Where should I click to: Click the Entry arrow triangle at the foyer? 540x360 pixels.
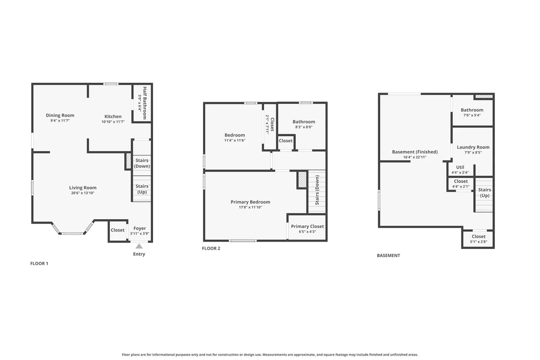pyautogui.click(x=139, y=246)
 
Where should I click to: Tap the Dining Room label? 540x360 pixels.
pyautogui.click(x=60, y=115)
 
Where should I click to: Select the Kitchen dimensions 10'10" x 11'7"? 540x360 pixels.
pyautogui.click(x=113, y=122)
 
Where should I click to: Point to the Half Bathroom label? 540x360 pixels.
pyautogui.click(x=145, y=103)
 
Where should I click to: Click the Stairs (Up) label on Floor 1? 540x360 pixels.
pyautogui.click(x=142, y=189)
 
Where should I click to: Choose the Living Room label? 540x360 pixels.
pyautogui.click(x=83, y=188)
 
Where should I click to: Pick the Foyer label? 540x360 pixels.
pyautogui.click(x=139, y=228)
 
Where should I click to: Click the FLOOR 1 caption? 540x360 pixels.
pyautogui.click(x=39, y=263)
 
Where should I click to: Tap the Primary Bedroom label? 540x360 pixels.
pyautogui.click(x=251, y=202)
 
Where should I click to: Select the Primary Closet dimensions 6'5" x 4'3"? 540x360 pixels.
pyautogui.click(x=307, y=231)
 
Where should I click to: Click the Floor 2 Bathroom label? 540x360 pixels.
pyautogui.click(x=304, y=121)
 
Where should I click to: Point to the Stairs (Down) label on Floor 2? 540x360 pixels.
pyautogui.click(x=317, y=190)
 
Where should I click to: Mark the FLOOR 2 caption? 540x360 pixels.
pyautogui.click(x=211, y=248)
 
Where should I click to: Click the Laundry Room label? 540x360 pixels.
pyautogui.click(x=473, y=147)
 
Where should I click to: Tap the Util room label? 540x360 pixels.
pyautogui.click(x=460, y=167)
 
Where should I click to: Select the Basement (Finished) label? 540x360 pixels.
pyautogui.click(x=415, y=152)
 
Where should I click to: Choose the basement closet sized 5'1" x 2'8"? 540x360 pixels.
pyautogui.click(x=479, y=239)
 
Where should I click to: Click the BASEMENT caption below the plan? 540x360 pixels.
pyautogui.click(x=388, y=255)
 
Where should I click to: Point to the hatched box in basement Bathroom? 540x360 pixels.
pyautogui.click(x=484, y=96)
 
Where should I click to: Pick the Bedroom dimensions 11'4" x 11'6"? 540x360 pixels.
pyautogui.click(x=235, y=140)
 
